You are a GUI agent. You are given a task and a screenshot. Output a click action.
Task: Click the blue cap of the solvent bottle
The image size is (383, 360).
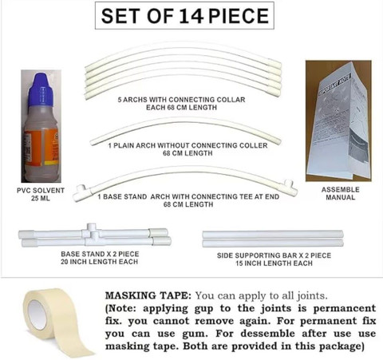(41, 89)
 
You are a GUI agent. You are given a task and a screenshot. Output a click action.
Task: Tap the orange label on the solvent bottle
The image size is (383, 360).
(41, 146)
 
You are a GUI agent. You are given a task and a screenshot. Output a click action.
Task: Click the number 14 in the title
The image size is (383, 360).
(191, 16)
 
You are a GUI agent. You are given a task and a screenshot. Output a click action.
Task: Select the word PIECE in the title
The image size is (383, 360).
(239, 16)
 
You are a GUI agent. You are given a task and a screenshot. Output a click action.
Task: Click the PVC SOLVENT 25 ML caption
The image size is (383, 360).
(41, 194)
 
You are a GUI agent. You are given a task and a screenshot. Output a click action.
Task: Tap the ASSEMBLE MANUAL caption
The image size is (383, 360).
(341, 193)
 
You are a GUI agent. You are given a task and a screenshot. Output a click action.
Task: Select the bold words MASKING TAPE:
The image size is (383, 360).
(148, 295)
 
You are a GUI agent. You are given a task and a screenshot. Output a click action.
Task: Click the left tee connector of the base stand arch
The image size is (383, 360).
(82, 192)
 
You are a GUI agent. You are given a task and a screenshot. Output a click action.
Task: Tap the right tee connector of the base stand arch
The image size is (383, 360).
(290, 188)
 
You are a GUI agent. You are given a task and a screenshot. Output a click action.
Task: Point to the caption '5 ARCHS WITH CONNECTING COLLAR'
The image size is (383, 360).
(181, 100)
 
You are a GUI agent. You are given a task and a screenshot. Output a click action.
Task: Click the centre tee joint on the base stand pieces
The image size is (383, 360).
(92, 233)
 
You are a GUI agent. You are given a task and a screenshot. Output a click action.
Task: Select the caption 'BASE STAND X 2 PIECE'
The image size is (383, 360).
(100, 254)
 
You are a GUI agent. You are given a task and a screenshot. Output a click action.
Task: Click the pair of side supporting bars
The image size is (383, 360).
(273, 239)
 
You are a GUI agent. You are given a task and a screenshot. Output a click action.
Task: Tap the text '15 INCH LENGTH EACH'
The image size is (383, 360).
(274, 263)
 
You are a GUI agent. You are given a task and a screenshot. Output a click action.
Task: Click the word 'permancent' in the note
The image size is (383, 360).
(345, 308)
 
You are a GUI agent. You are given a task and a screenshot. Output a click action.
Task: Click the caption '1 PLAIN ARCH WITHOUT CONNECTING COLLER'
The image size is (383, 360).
(188, 145)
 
